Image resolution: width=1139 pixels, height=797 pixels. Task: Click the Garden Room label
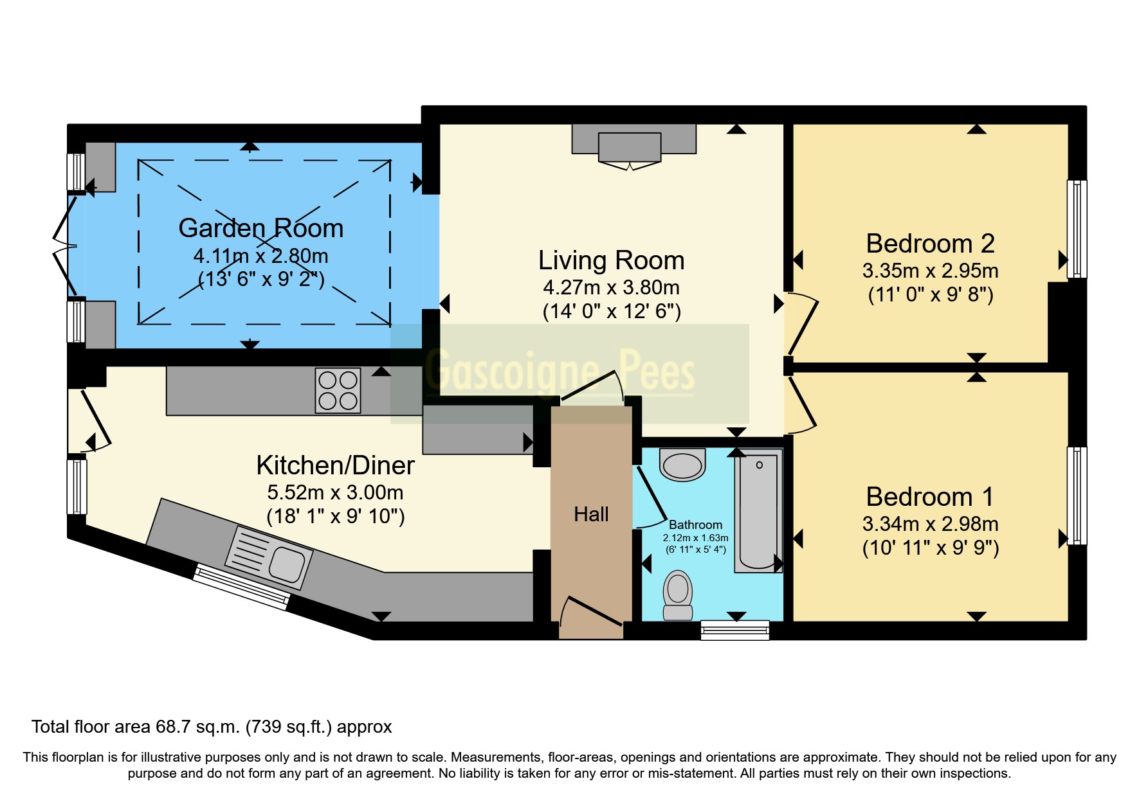[x=260, y=229]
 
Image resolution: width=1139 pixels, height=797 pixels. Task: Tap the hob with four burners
[x=338, y=390]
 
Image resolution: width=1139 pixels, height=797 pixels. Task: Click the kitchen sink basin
[x=287, y=564]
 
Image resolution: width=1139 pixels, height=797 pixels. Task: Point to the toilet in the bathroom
[x=677, y=595]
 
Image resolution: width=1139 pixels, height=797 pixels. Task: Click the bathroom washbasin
[x=682, y=465]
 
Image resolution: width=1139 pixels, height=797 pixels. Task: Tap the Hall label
[x=591, y=514]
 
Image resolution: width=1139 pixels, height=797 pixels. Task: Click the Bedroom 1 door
[x=801, y=404]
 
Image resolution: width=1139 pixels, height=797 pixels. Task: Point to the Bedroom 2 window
[x=1077, y=229]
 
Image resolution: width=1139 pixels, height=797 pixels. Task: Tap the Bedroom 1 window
[x=1077, y=496]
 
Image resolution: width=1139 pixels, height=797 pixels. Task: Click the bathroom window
[x=734, y=630]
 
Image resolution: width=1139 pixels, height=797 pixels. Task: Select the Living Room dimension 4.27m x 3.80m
[x=611, y=287]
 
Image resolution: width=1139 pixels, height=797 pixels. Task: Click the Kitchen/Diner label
[x=335, y=465]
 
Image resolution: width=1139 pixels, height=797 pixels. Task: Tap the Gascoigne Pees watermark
[x=560, y=372]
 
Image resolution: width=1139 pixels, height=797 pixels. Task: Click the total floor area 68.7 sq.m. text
[x=212, y=727]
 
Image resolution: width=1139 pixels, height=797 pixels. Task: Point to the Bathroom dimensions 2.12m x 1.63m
[x=695, y=538]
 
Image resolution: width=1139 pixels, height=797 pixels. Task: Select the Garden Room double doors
[x=65, y=246]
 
